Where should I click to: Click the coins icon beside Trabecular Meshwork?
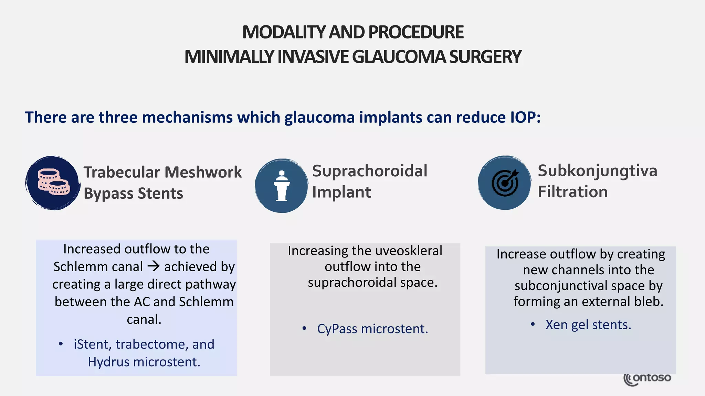click(53, 182)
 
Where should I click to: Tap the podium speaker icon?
click(282, 186)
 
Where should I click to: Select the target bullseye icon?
click(505, 183)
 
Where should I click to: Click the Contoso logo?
click(647, 379)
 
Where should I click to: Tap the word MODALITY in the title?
click(284, 32)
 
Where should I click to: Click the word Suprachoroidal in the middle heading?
click(370, 171)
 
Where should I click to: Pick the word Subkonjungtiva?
click(597, 171)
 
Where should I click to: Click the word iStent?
click(92, 344)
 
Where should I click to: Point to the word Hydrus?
click(109, 362)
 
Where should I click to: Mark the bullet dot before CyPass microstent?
click(304, 329)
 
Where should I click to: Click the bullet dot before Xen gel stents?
click(533, 324)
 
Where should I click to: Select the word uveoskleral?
click(409, 251)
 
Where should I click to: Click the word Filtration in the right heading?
click(573, 192)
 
